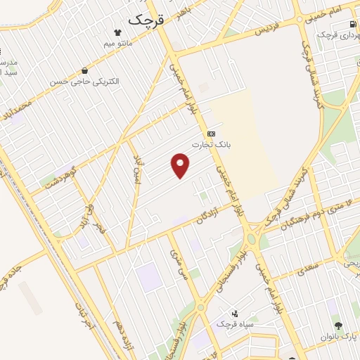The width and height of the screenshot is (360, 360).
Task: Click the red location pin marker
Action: [181, 166]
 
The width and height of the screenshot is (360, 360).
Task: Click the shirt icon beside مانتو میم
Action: [118, 32]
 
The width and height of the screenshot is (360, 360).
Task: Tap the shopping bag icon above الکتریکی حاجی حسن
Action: [85, 70]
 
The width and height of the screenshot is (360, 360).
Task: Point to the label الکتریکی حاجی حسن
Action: [84, 82]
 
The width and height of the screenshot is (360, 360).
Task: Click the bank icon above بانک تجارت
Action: [211, 134]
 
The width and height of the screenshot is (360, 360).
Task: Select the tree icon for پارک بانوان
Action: [339, 326]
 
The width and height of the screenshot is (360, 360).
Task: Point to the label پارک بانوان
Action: [340, 337]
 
